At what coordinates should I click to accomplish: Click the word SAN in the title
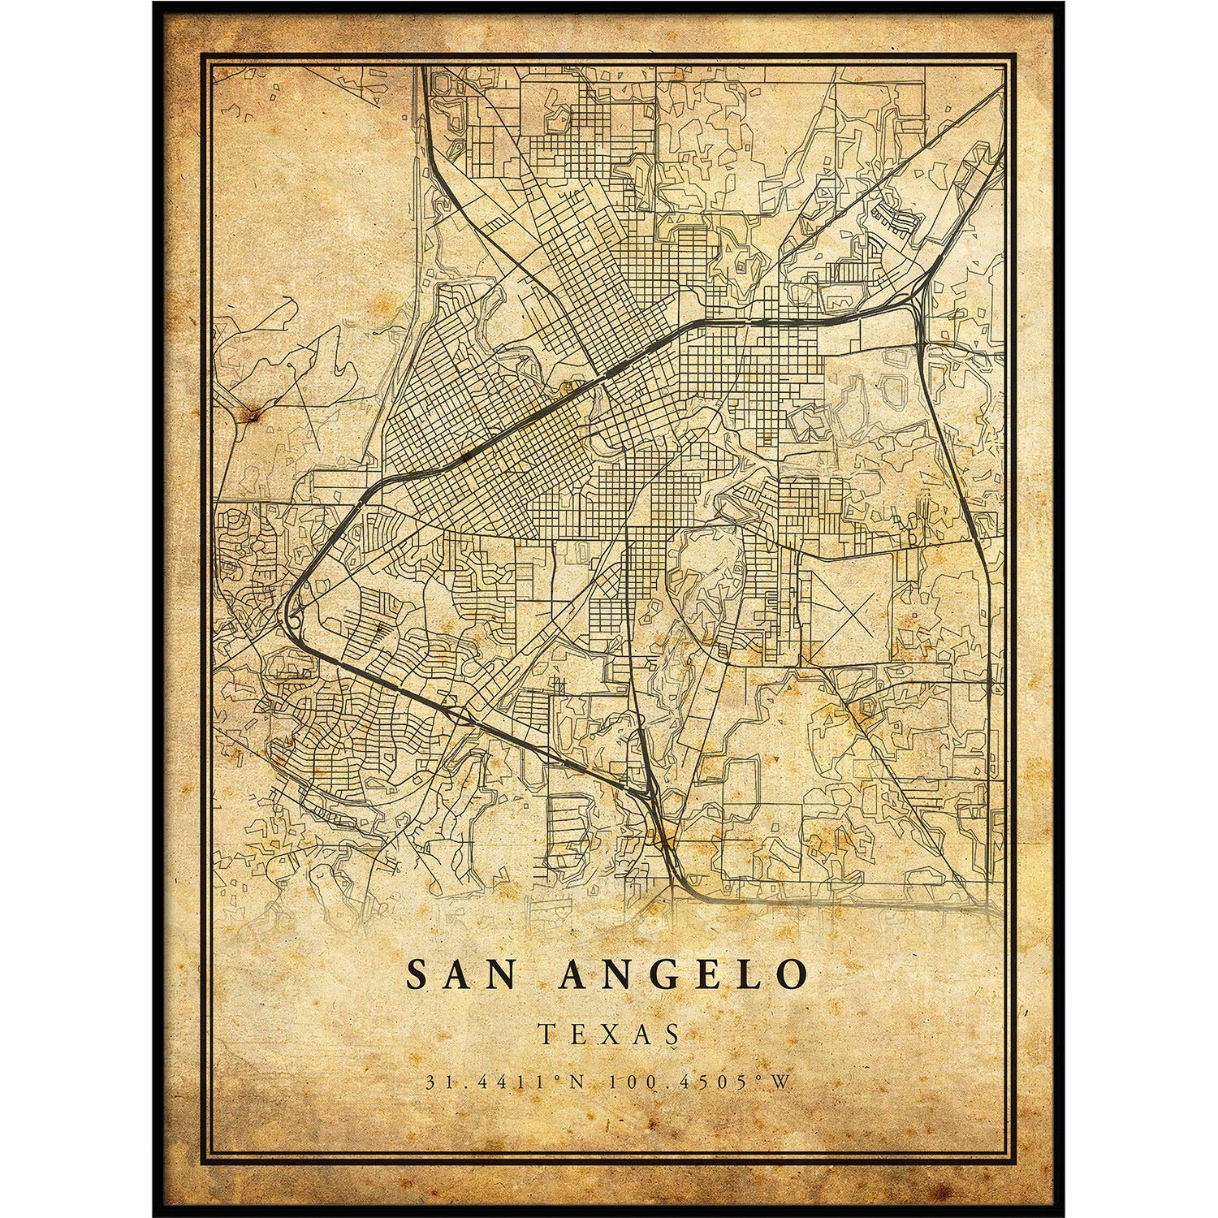461,974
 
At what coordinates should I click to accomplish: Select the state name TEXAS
608,1033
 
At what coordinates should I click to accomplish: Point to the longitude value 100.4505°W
696,1082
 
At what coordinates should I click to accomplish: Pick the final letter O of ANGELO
792,974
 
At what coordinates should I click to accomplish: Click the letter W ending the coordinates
784,1082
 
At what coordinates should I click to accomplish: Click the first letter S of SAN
417,974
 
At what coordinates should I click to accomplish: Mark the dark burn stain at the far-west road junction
254,416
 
